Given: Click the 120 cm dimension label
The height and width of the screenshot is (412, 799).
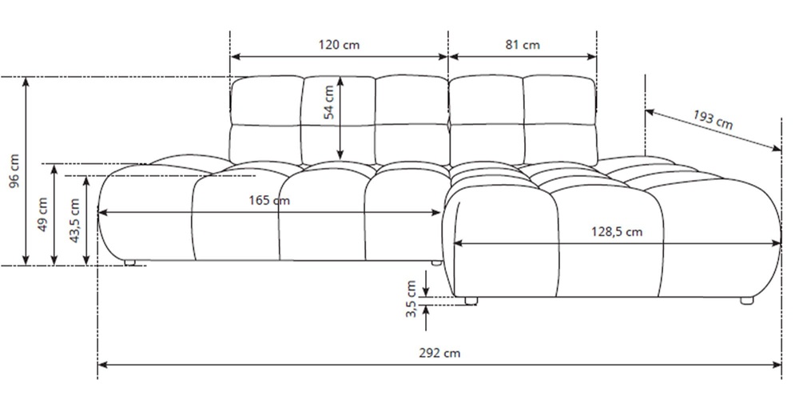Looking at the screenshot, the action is click(x=339, y=45).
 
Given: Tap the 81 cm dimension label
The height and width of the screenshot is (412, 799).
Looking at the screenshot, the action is click(x=523, y=45).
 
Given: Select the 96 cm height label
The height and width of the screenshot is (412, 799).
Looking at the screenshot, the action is click(x=14, y=171).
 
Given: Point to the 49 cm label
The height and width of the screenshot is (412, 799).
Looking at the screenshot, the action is click(x=43, y=214).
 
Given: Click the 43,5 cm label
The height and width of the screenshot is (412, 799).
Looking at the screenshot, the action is click(x=74, y=220).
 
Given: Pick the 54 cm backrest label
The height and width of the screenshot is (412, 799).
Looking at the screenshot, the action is click(x=329, y=102).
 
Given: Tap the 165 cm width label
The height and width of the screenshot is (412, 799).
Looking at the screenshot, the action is click(x=269, y=200).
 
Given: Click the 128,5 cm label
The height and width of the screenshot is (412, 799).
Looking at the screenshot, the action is click(x=617, y=232).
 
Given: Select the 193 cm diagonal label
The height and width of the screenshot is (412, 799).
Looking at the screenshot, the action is click(x=713, y=120).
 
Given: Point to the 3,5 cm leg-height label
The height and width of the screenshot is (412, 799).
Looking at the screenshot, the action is click(x=411, y=299).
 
